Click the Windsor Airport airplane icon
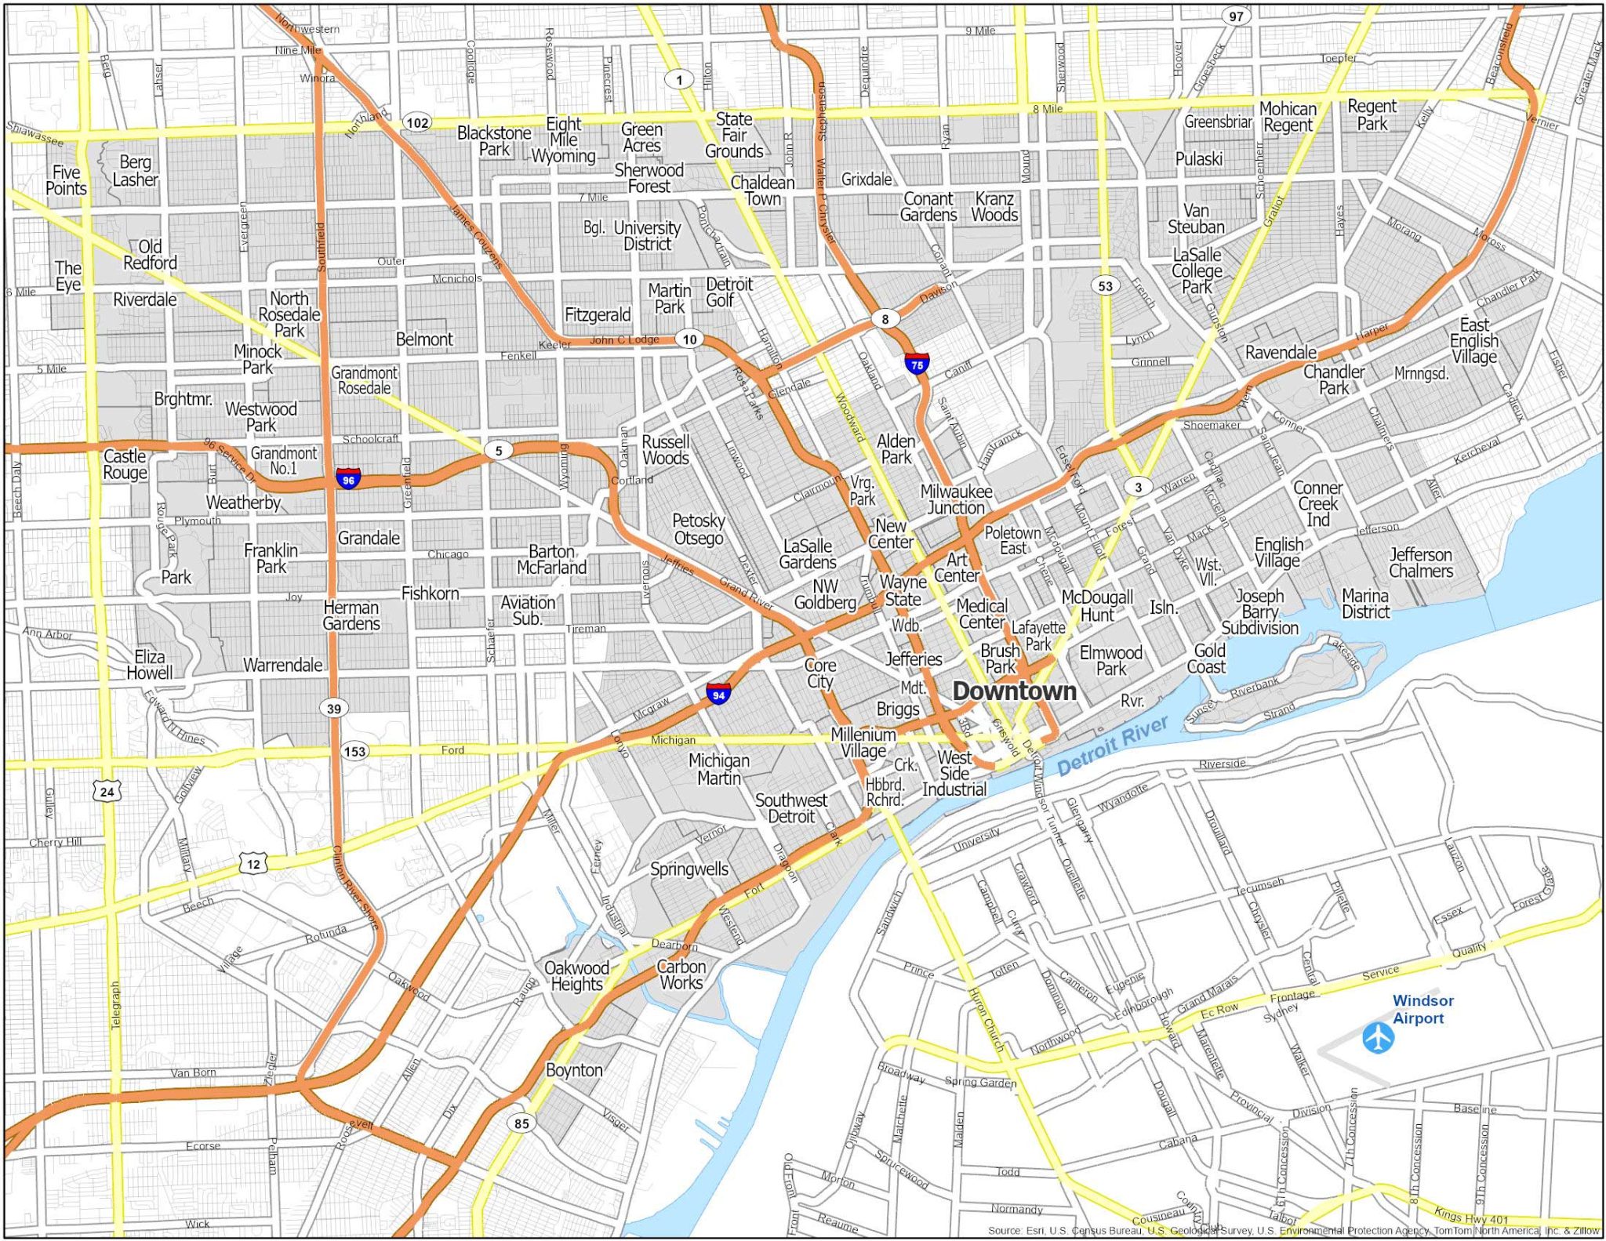1378,1038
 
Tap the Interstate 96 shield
348,478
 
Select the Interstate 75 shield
917,364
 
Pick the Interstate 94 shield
718,694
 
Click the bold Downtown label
1014,691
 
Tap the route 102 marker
417,122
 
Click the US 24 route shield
107,791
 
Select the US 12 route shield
253,864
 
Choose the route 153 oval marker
354,751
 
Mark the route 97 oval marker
1236,16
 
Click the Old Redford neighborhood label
150,255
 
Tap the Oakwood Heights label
576,976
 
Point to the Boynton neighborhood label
574,1070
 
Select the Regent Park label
1372,114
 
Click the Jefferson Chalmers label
1420,563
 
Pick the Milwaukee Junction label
956,499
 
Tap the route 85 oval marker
521,1123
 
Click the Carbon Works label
681,974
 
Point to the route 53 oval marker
1105,285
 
